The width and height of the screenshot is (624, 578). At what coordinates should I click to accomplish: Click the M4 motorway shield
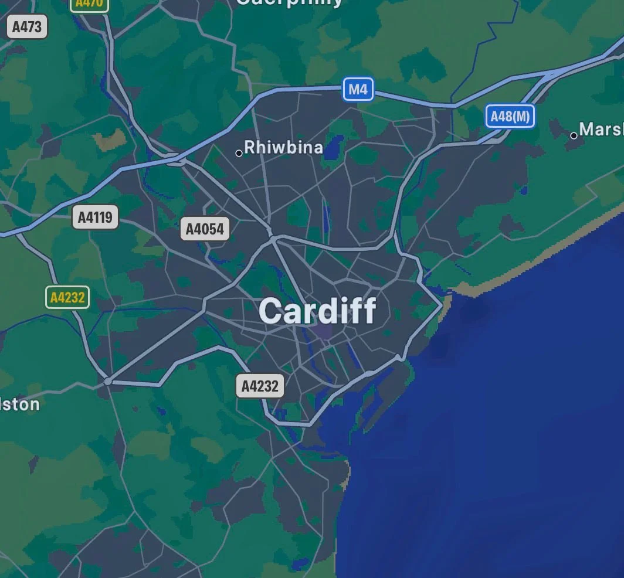coord(358,90)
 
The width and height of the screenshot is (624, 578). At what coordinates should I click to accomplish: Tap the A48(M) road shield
coord(510,116)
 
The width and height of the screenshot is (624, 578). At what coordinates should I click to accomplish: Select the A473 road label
coord(26,26)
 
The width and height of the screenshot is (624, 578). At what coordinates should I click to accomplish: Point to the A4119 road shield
coord(95,217)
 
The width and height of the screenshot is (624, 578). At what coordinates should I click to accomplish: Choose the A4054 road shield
coord(205,229)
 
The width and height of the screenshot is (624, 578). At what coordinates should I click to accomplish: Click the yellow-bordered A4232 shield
coord(67,297)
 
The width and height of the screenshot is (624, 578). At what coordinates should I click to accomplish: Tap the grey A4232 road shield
coord(260,386)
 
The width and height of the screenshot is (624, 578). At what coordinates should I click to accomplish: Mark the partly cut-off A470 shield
coord(89,4)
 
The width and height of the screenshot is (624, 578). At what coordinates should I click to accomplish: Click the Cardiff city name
coord(317,311)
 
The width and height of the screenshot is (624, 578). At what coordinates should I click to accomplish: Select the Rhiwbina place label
coord(283,147)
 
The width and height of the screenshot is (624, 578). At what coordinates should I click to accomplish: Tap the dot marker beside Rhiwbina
coord(239,154)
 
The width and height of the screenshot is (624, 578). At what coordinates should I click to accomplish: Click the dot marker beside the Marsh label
coord(574,135)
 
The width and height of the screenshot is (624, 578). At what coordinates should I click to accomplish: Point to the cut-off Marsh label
coord(601,129)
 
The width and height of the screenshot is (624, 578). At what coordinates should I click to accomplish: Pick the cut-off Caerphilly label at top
coord(289,2)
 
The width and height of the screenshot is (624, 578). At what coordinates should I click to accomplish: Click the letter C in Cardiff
coord(270,311)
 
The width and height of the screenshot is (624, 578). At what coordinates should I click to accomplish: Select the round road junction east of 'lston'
coord(108,382)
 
